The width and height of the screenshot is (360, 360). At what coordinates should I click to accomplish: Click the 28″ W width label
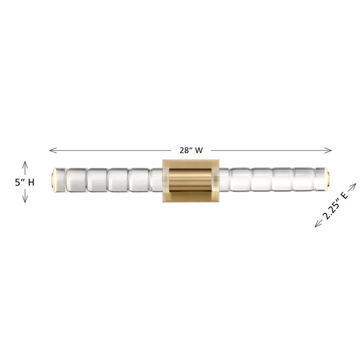191,150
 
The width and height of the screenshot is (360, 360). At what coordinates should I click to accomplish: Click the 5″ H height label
25,183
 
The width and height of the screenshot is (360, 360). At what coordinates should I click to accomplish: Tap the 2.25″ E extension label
335,205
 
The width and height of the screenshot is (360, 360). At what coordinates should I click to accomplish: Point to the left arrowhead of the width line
53,150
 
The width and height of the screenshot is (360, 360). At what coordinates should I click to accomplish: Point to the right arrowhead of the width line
328,150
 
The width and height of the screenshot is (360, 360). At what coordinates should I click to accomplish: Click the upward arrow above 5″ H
25,168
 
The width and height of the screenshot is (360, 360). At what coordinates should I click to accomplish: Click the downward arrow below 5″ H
25,196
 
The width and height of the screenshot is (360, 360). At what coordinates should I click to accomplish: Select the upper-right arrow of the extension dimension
352,187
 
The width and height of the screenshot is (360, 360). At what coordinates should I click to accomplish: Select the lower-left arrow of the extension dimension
318,223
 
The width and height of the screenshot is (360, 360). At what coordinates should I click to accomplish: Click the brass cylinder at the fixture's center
191,181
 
